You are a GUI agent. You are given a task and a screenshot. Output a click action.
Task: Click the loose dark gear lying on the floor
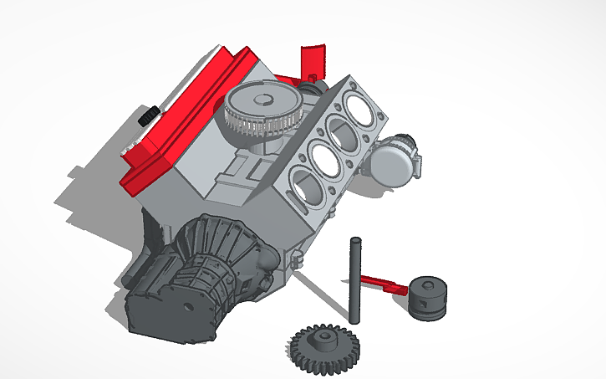click(323, 346)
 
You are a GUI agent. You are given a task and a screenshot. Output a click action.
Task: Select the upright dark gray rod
click(355, 280)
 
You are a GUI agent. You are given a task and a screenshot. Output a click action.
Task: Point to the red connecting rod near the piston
click(380, 282)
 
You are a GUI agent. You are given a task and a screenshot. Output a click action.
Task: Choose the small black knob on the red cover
click(149, 116)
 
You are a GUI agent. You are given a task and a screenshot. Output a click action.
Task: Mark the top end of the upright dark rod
click(355, 242)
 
